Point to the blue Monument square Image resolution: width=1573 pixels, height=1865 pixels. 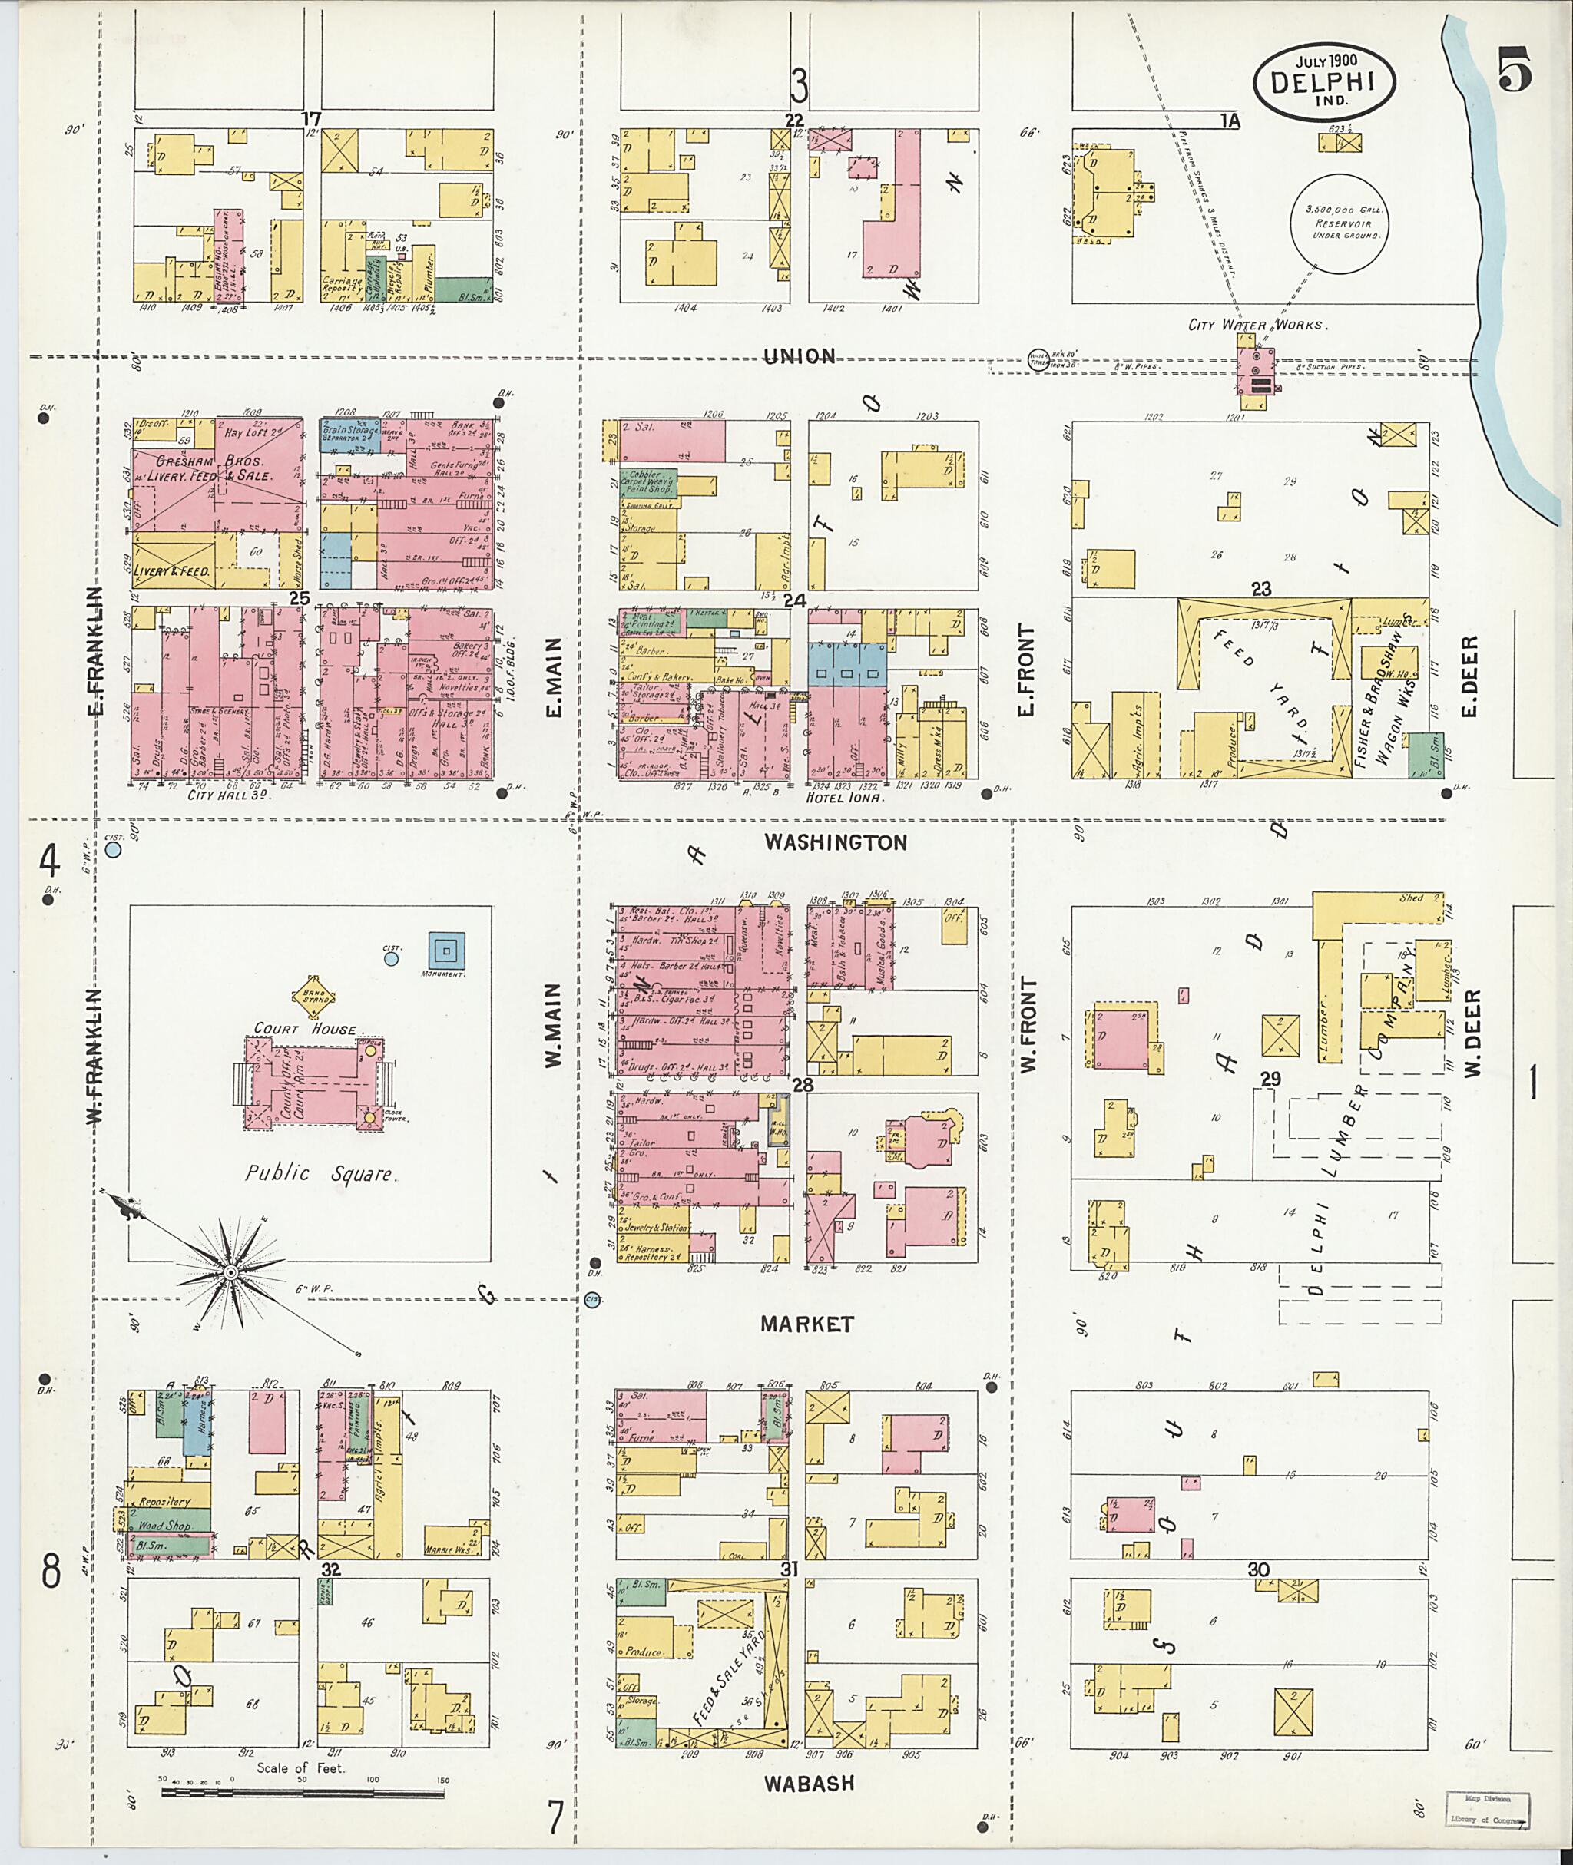coord(447,950)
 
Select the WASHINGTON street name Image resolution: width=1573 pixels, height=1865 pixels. coord(836,842)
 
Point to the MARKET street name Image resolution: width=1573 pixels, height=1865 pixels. coord(807,1324)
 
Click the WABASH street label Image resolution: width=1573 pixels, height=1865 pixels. coord(809,1783)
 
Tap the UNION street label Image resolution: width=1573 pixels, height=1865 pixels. coord(800,356)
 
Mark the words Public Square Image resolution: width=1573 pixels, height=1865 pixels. coord(320,1173)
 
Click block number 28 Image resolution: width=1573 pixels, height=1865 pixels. coord(803,1084)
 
